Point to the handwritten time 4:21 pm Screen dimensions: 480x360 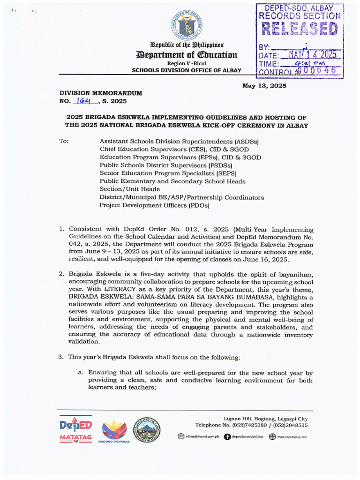311,64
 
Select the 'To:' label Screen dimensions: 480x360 64,141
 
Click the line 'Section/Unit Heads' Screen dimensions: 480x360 129,189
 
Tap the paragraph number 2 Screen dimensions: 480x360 61,274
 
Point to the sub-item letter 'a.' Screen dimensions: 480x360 81,373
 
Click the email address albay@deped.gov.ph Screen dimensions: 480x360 202,436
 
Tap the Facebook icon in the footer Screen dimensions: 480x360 227,436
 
